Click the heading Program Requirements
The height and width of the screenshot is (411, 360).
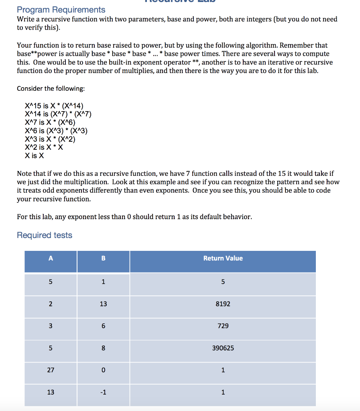coord(61,10)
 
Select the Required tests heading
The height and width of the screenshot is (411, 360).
coord(45,235)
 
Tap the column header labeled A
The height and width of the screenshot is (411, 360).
coord(51,258)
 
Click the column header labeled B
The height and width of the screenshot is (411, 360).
coord(103,258)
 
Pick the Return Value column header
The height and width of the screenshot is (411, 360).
coord(223,258)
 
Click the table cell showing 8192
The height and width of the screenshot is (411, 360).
coord(223,304)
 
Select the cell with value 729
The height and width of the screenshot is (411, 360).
coord(223,326)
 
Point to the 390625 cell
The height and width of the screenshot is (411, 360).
coord(223,348)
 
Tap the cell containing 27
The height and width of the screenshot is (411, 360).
coord(51,370)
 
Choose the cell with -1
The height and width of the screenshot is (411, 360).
coord(103,392)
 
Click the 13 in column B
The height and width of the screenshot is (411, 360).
coord(103,304)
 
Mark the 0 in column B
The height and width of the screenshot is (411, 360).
coord(103,370)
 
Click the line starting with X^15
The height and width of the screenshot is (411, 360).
coord(54,106)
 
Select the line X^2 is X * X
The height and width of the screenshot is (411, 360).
coord(44,147)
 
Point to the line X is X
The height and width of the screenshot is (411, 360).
coord(35,156)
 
